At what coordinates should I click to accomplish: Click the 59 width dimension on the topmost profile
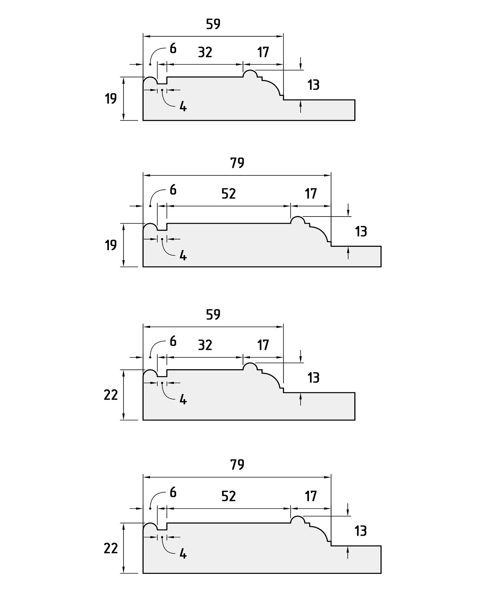pyautogui.click(x=213, y=24)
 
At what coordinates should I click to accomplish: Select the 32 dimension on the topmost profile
pyautogui.click(x=205, y=52)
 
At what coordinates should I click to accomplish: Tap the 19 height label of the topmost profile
pyautogui.click(x=111, y=98)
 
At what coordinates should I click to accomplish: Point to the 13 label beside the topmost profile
pyautogui.click(x=313, y=85)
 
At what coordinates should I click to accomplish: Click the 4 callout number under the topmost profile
pyautogui.click(x=183, y=106)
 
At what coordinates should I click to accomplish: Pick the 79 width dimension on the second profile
pyautogui.click(x=237, y=163)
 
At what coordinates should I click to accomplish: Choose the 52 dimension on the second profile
pyautogui.click(x=229, y=194)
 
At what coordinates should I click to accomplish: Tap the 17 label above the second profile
pyautogui.click(x=311, y=194)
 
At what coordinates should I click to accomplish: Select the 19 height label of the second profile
pyautogui.click(x=111, y=245)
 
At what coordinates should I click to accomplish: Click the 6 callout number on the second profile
pyautogui.click(x=173, y=190)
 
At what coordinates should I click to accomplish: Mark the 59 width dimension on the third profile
pyautogui.click(x=213, y=315)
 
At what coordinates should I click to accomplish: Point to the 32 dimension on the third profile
pyautogui.click(x=205, y=345)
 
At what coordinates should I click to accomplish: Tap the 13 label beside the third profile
pyautogui.click(x=313, y=378)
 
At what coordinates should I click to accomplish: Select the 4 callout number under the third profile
pyautogui.click(x=183, y=400)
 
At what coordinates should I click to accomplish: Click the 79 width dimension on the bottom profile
pyautogui.click(x=237, y=465)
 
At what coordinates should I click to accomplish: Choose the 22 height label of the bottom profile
pyautogui.click(x=111, y=549)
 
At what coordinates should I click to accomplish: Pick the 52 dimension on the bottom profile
pyautogui.click(x=229, y=496)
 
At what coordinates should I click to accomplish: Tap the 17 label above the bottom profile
pyautogui.click(x=311, y=496)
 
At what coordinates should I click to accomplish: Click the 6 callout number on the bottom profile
pyautogui.click(x=173, y=493)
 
